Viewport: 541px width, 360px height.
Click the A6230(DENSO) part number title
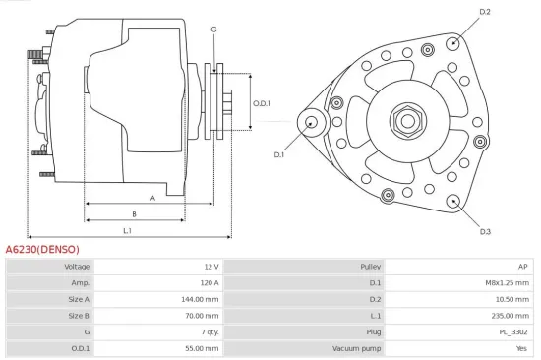(x=42, y=250)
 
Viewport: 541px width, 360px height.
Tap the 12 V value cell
(x=210, y=267)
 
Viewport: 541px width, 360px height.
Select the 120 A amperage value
(x=208, y=282)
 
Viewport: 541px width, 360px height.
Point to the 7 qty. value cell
(x=208, y=331)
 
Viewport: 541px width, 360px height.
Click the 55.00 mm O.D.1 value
(x=203, y=347)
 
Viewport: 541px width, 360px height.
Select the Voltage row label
(x=77, y=267)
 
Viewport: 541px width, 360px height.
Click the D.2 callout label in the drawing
(x=485, y=12)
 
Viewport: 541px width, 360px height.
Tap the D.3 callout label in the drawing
(x=485, y=231)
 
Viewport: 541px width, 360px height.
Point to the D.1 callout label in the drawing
(x=278, y=154)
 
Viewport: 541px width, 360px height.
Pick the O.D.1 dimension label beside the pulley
(x=262, y=103)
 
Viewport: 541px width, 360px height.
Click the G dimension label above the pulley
(x=213, y=29)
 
